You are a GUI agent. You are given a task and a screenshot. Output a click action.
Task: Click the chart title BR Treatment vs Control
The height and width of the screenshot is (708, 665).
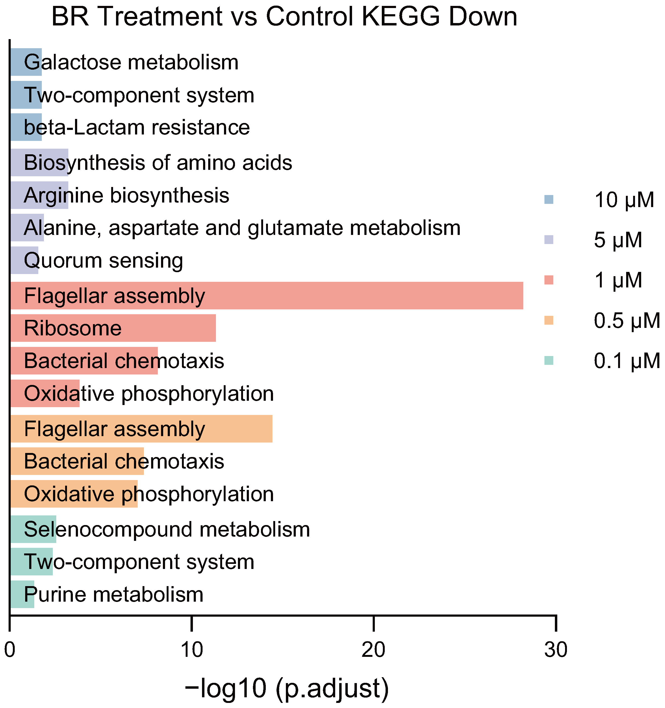coord(284,16)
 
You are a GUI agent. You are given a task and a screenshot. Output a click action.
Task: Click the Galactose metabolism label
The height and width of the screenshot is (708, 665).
coord(131,62)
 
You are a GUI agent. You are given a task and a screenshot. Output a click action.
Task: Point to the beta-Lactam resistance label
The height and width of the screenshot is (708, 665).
coord(137,128)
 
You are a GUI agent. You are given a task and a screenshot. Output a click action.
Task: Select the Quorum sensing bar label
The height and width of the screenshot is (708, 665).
coord(103,261)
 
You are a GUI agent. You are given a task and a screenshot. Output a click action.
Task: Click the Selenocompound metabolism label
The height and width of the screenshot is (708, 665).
coord(167,530)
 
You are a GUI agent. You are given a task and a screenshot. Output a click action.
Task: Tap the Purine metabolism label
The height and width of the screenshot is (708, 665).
coord(113,595)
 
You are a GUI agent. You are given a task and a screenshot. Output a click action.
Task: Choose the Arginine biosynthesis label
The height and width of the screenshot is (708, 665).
coord(126,196)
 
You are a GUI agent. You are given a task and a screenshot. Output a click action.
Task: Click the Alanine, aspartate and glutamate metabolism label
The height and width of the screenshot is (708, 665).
coord(242,228)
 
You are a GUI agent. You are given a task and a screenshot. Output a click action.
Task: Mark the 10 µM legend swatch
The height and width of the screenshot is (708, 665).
coord(549,200)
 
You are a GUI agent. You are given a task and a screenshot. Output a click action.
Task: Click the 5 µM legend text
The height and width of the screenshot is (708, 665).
coord(618,240)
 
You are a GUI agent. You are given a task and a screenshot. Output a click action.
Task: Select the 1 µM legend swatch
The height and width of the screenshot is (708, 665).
coord(549,280)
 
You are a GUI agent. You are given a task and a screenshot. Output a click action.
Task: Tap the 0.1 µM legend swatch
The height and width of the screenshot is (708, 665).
coord(549,361)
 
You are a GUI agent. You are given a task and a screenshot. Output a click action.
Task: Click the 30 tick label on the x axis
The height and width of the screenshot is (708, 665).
coord(556,650)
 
